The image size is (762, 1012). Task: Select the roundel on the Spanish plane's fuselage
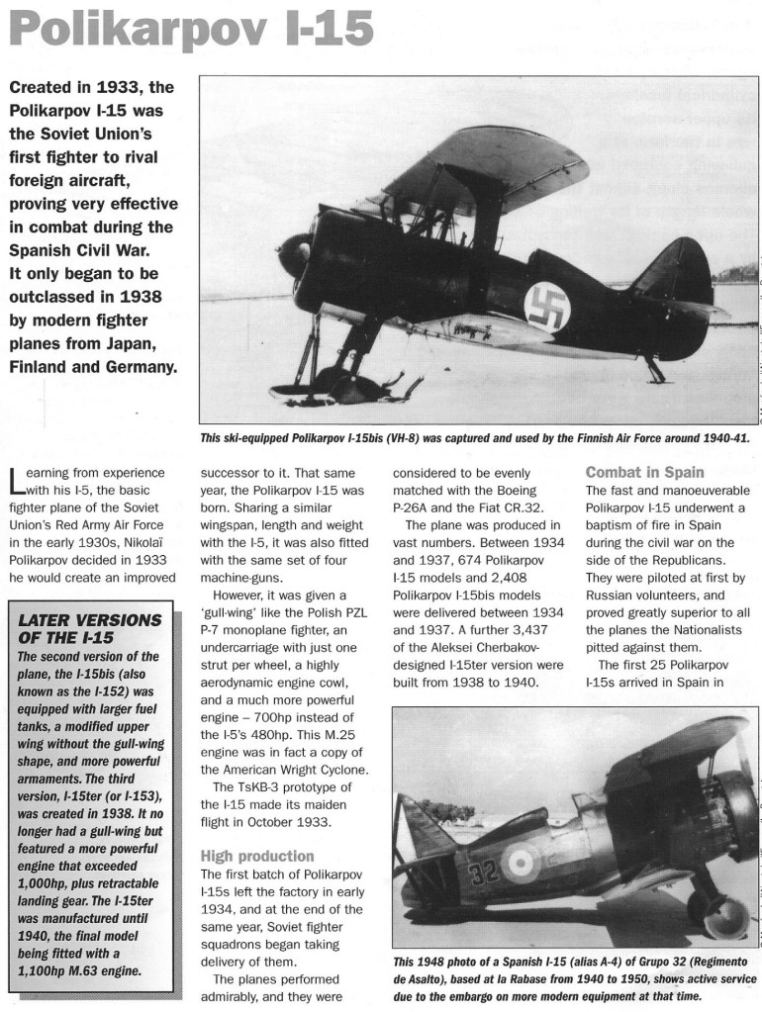519,863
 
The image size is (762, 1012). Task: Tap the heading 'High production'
257,855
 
